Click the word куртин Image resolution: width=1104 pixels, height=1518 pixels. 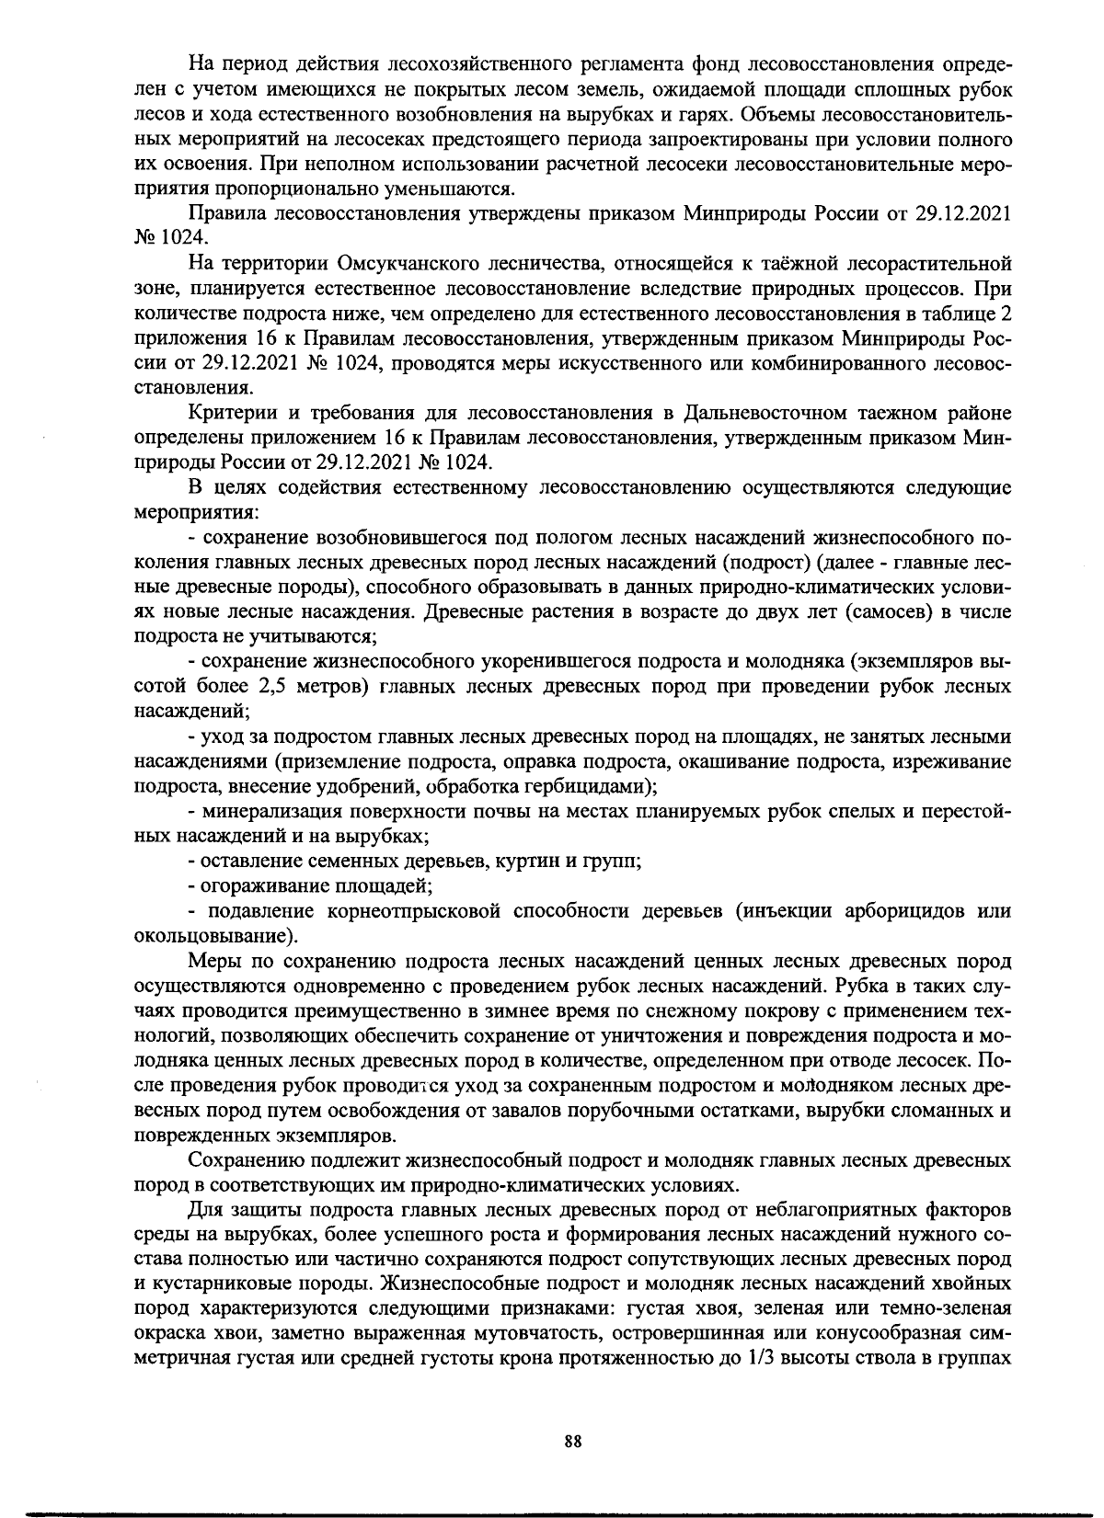525,862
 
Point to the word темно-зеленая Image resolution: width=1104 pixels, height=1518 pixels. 952,1308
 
